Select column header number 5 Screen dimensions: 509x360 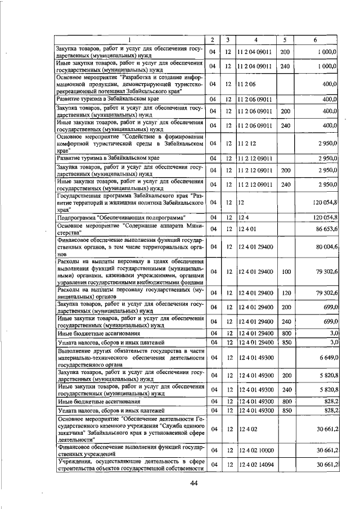tap(285, 39)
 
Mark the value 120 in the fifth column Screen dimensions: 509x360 tap(285, 293)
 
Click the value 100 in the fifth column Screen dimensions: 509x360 tap(285, 272)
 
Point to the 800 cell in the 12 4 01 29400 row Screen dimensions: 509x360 tap(286, 332)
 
